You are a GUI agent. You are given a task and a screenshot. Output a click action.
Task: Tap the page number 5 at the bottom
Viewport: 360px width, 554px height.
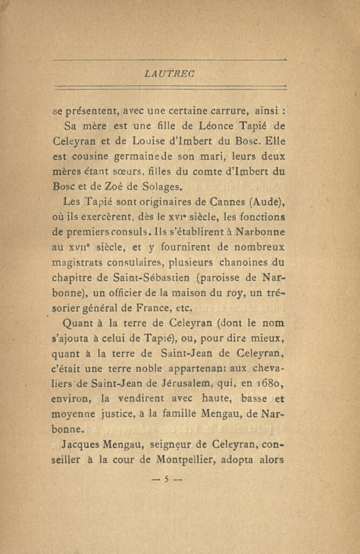click(x=167, y=478)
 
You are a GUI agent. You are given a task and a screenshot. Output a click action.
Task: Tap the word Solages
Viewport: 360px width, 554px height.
click(x=161, y=187)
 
